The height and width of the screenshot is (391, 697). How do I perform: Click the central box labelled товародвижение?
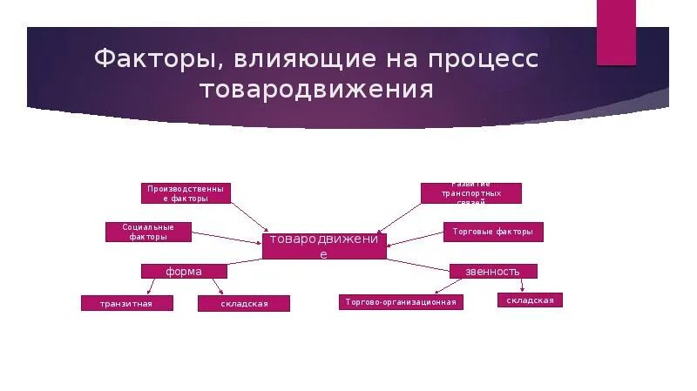point(324,246)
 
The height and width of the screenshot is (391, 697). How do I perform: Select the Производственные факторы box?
point(186,192)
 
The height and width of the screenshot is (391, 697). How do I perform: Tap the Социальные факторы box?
point(148,232)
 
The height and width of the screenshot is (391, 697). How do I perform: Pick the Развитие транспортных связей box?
point(471,192)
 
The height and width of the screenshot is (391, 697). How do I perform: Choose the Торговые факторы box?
point(493,232)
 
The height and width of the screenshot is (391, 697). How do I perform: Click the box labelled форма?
point(185,271)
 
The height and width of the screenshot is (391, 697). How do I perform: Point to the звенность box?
point(492,271)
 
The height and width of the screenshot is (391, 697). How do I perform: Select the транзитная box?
point(127,303)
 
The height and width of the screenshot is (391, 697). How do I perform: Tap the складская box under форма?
point(243,303)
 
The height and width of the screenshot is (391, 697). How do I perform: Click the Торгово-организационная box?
point(400,301)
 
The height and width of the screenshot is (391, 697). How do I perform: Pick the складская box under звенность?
point(530,300)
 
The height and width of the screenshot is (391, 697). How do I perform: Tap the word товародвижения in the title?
point(317,90)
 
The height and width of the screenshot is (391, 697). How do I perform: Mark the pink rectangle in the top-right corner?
point(616,32)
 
